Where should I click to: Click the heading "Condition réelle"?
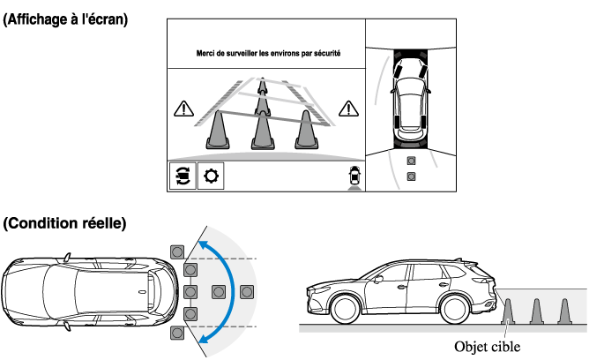tap(63, 224)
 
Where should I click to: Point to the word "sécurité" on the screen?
tap(323, 54)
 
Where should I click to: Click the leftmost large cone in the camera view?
tap(219, 130)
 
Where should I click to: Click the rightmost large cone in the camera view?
tap(306, 130)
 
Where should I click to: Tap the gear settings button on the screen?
tap(211, 176)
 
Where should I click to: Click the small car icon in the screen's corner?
tap(354, 176)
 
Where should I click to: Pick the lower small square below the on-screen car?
tap(411, 176)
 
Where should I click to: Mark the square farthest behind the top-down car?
tap(246, 290)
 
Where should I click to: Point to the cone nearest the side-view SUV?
tap(508, 311)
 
